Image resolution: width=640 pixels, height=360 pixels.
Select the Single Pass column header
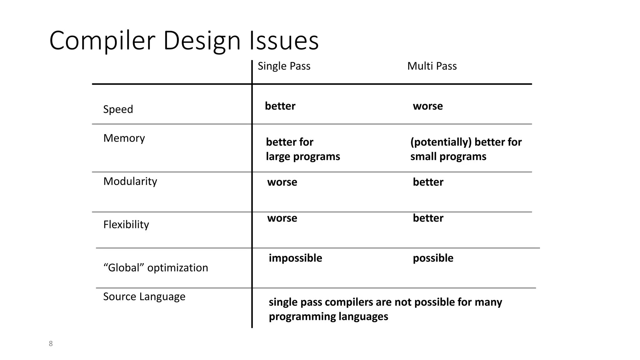point(284,66)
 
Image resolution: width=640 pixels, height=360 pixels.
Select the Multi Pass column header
point(432,66)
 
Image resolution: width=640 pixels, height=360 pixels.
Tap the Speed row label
point(118,109)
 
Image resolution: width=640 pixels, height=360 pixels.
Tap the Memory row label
point(124,138)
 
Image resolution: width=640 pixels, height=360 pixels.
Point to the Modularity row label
point(130,181)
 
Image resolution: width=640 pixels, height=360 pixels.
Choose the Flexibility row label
point(126,224)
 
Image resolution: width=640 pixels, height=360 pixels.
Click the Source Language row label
point(144,296)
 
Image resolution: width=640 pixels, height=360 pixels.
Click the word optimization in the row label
point(177,268)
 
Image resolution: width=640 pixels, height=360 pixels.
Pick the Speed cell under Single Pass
point(280,106)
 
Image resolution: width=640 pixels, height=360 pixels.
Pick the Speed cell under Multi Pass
point(427,106)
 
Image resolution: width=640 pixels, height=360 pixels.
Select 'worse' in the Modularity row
point(282,182)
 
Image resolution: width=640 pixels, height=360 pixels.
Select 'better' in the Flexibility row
point(428,218)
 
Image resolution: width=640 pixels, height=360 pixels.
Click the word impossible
point(295,258)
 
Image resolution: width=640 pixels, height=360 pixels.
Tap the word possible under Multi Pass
point(433,258)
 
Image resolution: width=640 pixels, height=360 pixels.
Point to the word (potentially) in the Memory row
point(441,142)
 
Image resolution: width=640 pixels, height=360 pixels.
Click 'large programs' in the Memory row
point(303,156)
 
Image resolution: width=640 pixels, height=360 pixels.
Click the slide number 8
point(51,344)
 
